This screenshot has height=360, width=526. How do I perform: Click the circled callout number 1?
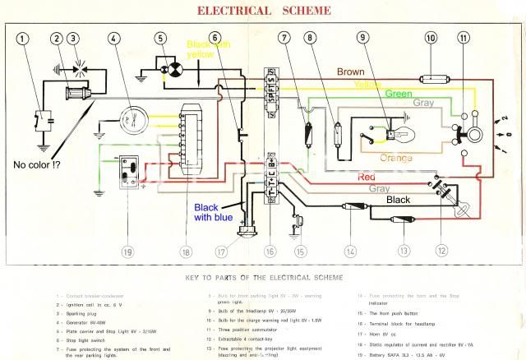click(x=22, y=38)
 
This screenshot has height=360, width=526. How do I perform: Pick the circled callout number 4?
click(x=113, y=38)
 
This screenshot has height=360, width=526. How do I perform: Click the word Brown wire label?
click(x=351, y=72)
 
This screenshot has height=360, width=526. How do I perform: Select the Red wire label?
click(x=366, y=178)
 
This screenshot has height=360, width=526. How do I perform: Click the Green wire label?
click(x=399, y=94)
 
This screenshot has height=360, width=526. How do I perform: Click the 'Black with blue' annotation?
click(x=215, y=211)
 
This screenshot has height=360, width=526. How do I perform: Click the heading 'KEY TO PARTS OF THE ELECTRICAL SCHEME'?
click(x=263, y=279)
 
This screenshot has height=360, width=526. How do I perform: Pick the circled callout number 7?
click(x=284, y=38)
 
